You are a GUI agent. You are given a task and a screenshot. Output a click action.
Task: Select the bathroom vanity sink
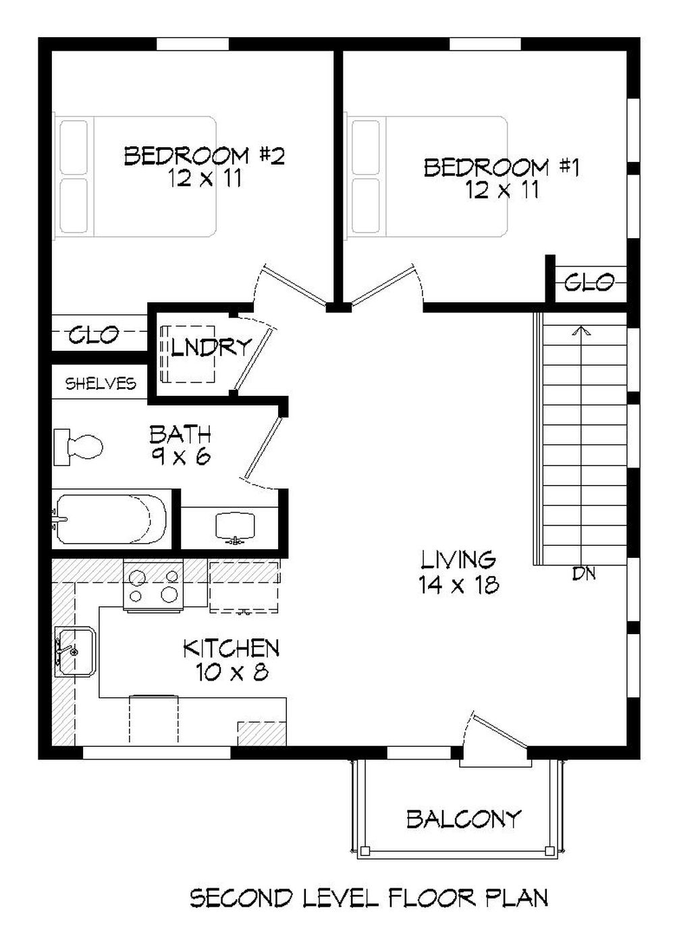point(234,527)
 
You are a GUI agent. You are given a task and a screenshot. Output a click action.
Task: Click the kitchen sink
point(75,651)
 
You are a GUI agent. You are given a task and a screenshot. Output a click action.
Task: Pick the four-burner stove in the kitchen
point(153,586)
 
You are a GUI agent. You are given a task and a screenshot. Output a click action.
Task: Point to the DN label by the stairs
point(583,574)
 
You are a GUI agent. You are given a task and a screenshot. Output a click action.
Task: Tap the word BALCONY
point(463,819)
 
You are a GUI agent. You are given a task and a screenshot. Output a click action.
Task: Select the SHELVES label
point(101,384)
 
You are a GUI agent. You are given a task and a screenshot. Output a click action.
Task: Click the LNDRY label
point(211,347)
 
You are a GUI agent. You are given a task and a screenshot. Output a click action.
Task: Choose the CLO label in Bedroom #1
point(589,282)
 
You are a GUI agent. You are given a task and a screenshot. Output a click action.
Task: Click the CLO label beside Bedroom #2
point(94,334)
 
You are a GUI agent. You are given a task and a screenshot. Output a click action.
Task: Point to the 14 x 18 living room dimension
point(458,585)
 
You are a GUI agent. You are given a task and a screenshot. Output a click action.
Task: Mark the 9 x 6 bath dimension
point(180,457)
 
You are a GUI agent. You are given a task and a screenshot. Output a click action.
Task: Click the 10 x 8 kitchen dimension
point(232,672)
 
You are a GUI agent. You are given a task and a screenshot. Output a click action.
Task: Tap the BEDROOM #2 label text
point(204,156)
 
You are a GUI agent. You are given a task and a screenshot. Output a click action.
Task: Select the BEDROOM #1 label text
point(501,167)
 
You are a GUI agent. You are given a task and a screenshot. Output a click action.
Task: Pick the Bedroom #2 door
point(293,284)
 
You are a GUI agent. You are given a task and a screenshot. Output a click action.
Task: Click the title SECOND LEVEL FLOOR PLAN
point(369,898)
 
